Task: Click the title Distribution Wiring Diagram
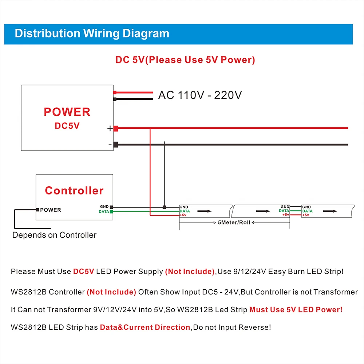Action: [x=92, y=34]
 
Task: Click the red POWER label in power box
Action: [x=67, y=112]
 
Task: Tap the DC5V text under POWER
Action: [x=67, y=126]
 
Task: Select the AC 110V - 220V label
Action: [x=200, y=95]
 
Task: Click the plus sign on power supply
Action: [x=110, y=128]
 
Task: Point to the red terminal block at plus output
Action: [x=116, y=128]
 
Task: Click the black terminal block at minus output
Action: [x=116, y=145]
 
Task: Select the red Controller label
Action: [x=74, y=190]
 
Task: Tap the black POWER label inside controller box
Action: [x=51, y=210]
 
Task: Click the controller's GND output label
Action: [x=104, y=206]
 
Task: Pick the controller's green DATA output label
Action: [x=104, y=211]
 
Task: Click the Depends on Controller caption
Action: [x=55, y=235]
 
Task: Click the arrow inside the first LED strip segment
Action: [x=205, y=210]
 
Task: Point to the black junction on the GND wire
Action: [x=164, y=207]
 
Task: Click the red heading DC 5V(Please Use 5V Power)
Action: [x=185, y=60]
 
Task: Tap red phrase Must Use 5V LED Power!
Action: [x=296, y=310]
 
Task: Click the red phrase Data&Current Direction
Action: [x=145, y=327]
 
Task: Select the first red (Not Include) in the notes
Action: [x=190, y=272]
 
